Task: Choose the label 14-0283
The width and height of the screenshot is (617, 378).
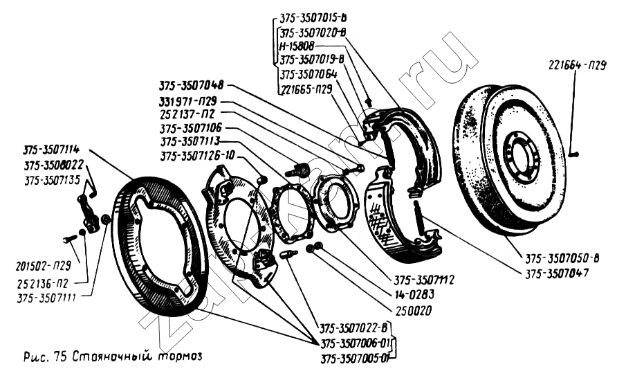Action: [x=415, y=295]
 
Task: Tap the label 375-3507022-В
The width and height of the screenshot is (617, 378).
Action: [x=354, y=327]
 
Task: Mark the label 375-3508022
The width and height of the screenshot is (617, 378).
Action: [x=53, y=165]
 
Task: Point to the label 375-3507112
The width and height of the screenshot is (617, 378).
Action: [x=423, y=281]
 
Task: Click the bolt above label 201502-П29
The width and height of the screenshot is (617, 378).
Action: [x=70, y=240]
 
